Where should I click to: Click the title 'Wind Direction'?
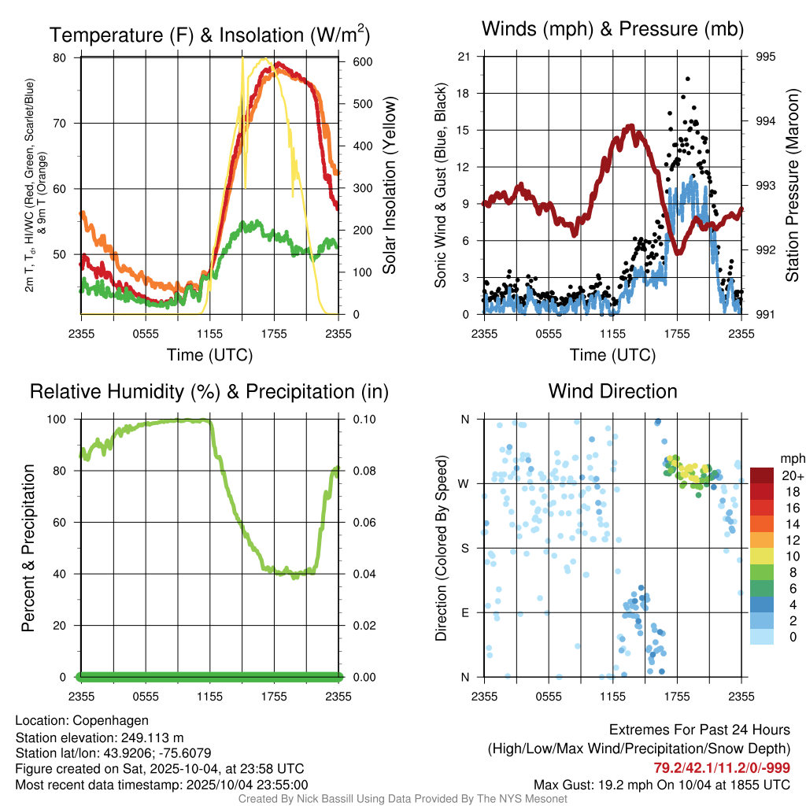pos(612,391)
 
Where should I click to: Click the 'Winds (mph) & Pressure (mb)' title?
pos(612,29)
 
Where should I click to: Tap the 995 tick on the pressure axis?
pos(766,57)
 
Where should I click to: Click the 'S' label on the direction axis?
pos(464,548)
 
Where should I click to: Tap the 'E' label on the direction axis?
pos(464,612)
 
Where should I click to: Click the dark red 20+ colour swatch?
pos(762,475)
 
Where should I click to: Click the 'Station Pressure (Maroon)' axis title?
pos(793,185)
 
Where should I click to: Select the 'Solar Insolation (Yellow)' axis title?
pos(389,185)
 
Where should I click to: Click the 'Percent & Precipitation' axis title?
pos(28,548)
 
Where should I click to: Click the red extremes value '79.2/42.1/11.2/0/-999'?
pos(722,768)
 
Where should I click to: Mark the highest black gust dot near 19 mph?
pos(687,79)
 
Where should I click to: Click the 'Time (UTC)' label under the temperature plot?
pos(209,355)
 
